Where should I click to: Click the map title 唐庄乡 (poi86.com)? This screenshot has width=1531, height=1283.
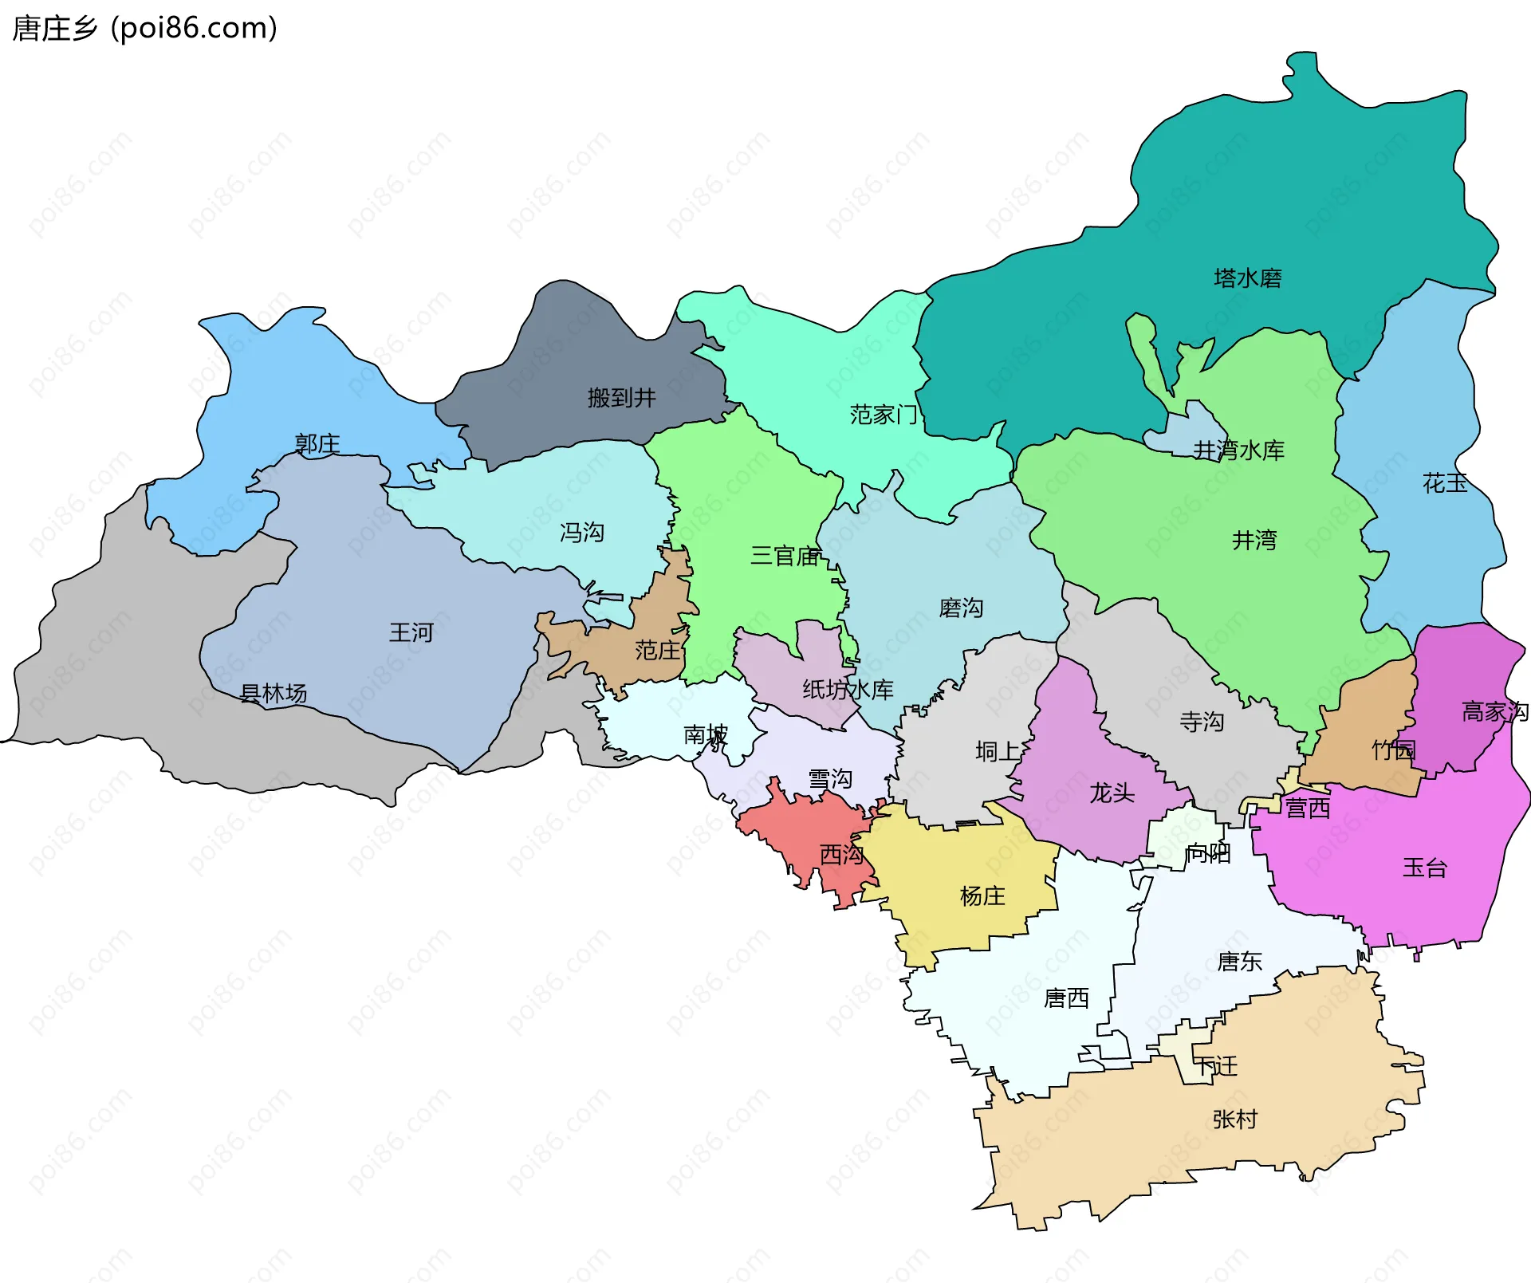pyautogui.click(x=145, y=28)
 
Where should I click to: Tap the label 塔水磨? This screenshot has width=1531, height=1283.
pyautogui.click(x=1247, y=278)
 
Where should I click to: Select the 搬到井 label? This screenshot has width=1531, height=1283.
pyautogui.click(x=621, y=397)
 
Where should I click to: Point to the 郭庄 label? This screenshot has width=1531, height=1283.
pyautogui.click(x=317, y=443)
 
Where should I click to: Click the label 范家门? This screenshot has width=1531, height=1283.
pyautogui.click(x=884, y=415)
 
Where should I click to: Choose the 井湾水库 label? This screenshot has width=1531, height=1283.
pyautogui.click(x=1238, y=451)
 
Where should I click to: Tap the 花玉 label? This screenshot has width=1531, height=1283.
pyautogui.click(x=1444, y=483)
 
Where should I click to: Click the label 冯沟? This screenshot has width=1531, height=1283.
pyautogui.click(x=581, y=532)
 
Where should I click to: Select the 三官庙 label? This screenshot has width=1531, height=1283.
pyautogui.click(x=785, y=556)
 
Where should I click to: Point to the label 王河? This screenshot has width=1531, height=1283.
pyautogui.click(x=411, y=632)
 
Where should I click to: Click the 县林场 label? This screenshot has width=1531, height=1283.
pyautogui.click(x=274, y=694)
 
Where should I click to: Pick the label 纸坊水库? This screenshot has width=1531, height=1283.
pyautogui.click(x=847, y=690)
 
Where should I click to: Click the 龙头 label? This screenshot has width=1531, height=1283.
pyautogui.click(x=1112, y=793)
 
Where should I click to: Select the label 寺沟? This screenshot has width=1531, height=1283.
pyautogui.click(x=1201, y=722)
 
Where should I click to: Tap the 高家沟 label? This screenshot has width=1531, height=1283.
pyautogui.click(x=1494, y=711)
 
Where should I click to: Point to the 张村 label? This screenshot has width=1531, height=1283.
pyautogui.click(x=1234, y=1120)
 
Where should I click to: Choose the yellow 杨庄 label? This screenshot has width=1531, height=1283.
pyautogui.click(x=982, y=896)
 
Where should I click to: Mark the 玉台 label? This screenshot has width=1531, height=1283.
pyautogui.click(x=1424, y=868)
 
